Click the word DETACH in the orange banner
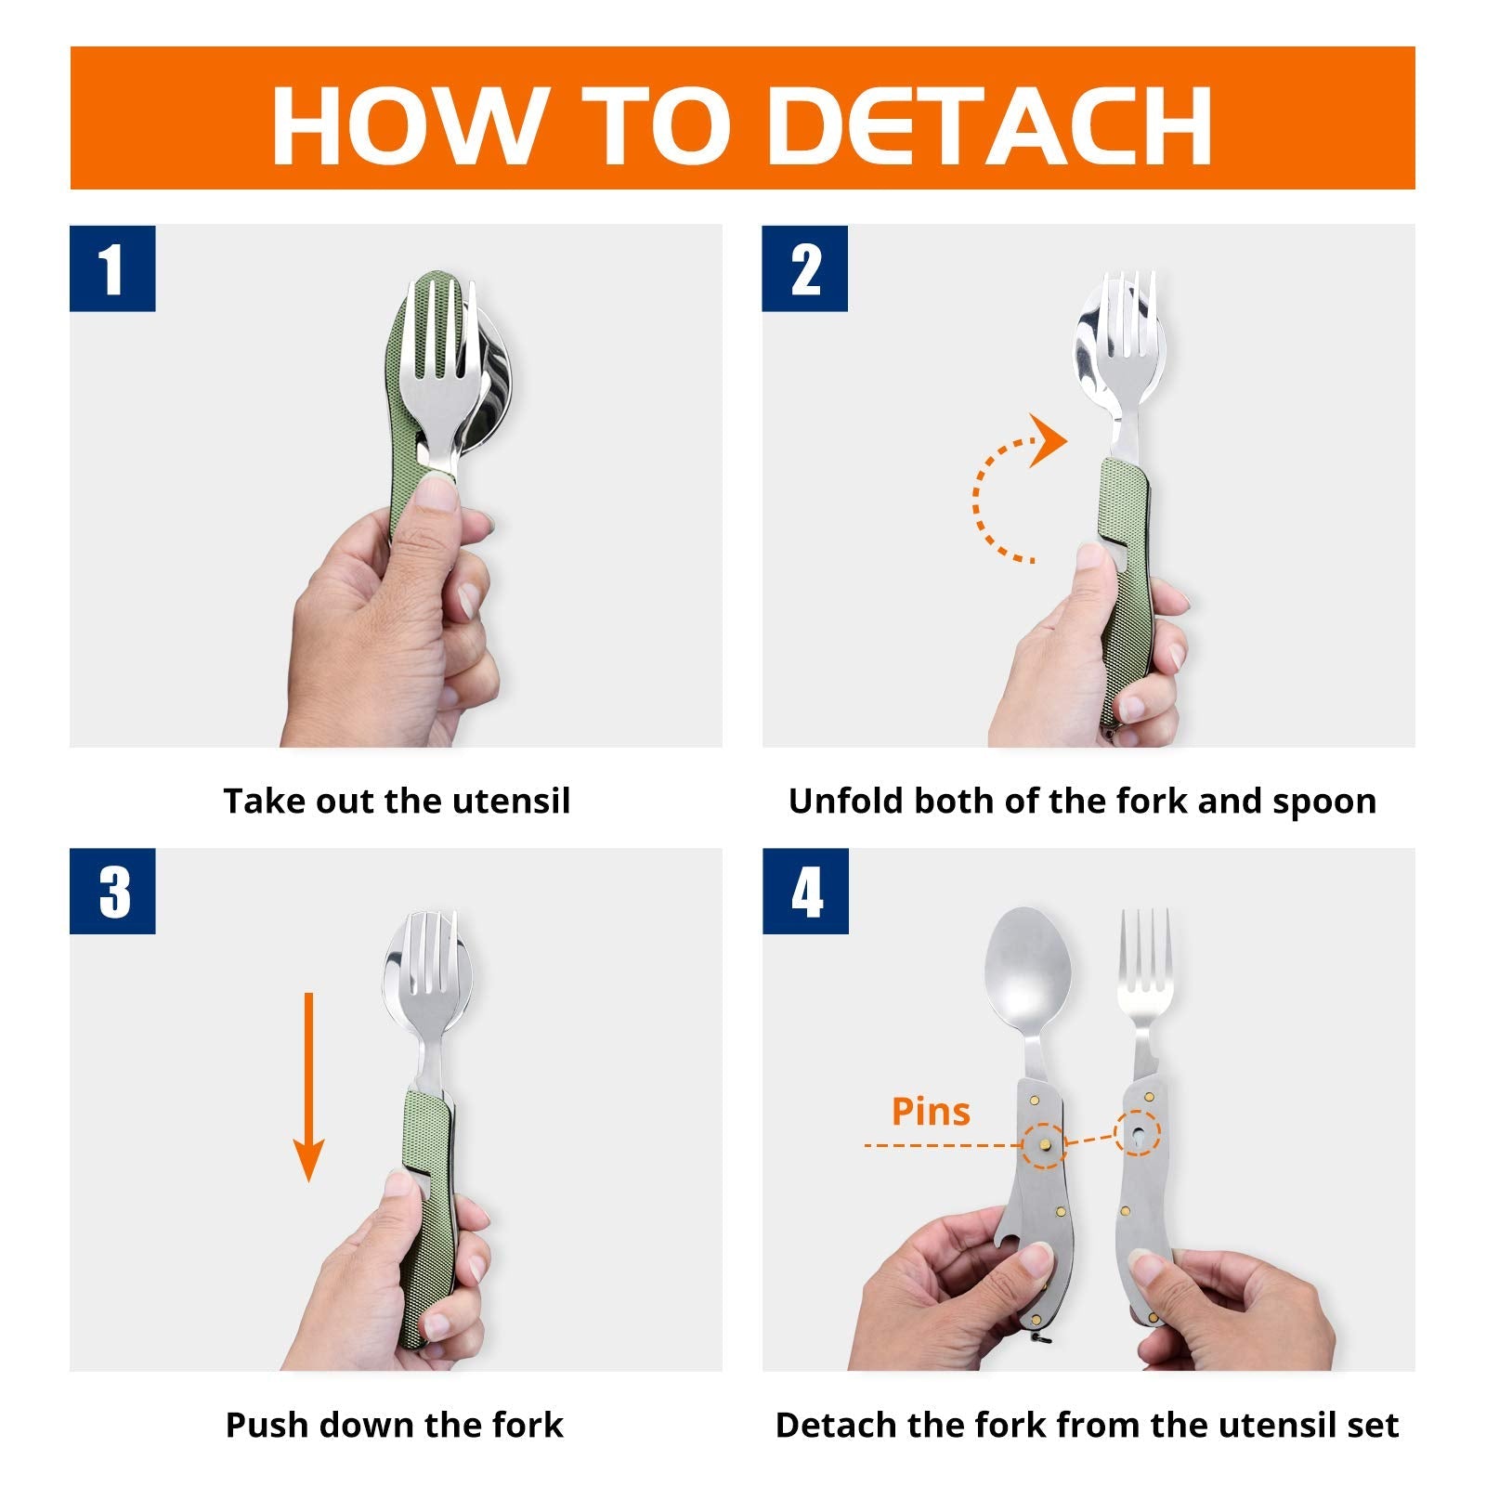click(992, 125)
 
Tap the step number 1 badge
click(112, 268)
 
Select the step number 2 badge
click(805, 268)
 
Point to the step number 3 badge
click(112, 891)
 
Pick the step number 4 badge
click(805, 891)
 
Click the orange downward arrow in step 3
click(308, 1088)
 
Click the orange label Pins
click(931, 1112)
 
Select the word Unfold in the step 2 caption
click(845, 801)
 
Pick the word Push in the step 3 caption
click(262, 1425)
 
